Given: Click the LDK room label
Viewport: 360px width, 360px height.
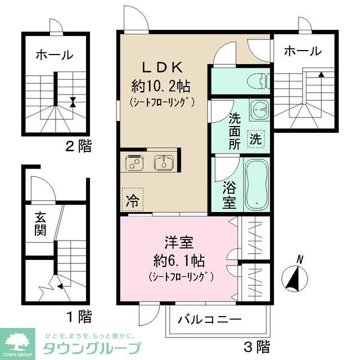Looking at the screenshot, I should click(x=161, y=67).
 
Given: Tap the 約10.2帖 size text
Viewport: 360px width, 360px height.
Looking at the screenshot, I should click(x=161, y=86).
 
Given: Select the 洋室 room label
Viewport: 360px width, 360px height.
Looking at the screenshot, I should click(x=179, y=243).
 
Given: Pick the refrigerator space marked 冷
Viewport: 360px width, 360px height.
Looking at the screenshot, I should click(x=132, y=198).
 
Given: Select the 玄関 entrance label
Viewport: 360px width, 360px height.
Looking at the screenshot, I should click(x=39, y=224).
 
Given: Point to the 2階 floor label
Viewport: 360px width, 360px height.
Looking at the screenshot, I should click(x=78, y=148).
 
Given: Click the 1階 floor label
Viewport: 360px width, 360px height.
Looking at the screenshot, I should click(x=78, y=317).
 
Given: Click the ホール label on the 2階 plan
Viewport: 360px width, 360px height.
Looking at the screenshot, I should click(x=54, y=55).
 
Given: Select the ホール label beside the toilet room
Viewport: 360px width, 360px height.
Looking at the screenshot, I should click(x=302, y=51).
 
